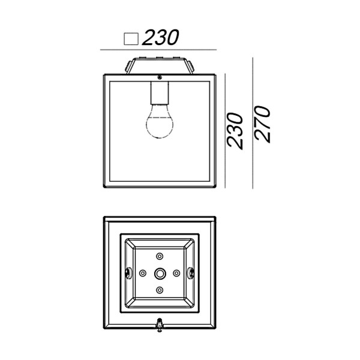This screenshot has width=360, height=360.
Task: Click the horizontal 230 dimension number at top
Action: [160, 37]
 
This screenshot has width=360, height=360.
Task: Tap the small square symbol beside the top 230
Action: [131, 39]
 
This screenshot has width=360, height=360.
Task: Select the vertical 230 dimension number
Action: [235, 131]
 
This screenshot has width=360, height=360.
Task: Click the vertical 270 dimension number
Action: [262, 124]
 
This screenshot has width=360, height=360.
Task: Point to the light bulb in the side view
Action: [160, 121]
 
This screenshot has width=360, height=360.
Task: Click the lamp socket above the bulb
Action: [160, 92]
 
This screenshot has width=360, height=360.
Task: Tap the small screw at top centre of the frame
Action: [160, 77]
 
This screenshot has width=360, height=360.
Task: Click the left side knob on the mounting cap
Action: [128, 67]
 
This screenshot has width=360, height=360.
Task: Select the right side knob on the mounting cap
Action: [191, 66]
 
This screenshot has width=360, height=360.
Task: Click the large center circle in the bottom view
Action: [160, 274]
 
